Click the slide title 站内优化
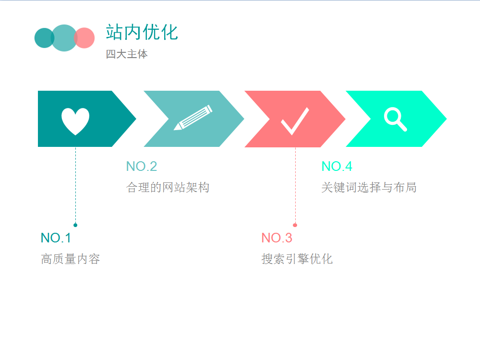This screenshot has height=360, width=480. pos(142,32)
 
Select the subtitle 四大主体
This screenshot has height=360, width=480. pos(127,54)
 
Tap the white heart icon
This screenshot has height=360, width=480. pos(75,121)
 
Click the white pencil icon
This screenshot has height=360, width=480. pos(193,118)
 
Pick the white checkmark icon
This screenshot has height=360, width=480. pos(295,121)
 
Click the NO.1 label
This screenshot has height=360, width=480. pos(56,238)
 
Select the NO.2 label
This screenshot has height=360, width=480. pos(142,167)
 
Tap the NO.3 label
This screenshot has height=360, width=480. pos(276,238)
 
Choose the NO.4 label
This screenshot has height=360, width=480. pos(337,167)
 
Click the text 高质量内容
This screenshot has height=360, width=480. pos(71,259)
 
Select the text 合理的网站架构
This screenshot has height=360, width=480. pos(168,187)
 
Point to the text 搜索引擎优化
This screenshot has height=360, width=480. pos(297,259)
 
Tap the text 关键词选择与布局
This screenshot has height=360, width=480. pos(369,187)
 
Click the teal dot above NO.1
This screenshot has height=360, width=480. pos(75,225)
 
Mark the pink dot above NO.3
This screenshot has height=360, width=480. pos(295,225)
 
